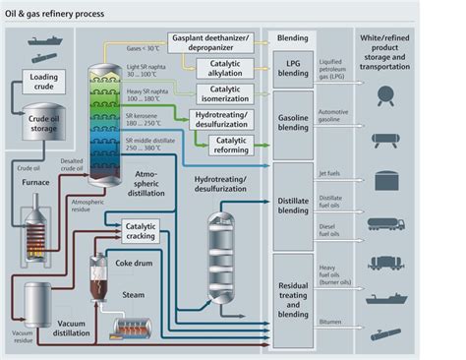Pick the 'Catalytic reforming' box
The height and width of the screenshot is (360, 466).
tap(233, 145)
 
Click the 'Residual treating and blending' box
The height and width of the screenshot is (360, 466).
tap(293, 295)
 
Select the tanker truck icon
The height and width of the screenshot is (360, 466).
tap(386, 223)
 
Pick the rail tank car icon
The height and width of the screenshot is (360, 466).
tap(386, 263)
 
